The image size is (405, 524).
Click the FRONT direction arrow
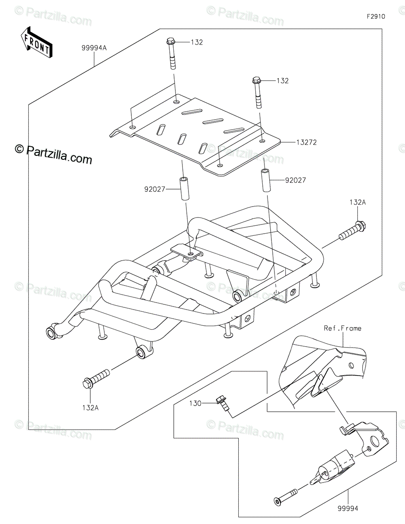tap(37, 42)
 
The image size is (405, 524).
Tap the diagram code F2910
tap(376, 17)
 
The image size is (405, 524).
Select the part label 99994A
tap(94, 48)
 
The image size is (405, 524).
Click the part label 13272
tap(306, 142)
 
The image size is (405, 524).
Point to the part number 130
tap(195, 403)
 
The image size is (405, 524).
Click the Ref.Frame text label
tap(342, 328)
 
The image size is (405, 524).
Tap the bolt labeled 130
tap(223, 404)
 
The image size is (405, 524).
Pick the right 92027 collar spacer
tap(265, 180)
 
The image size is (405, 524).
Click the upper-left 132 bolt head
tap(170, 41)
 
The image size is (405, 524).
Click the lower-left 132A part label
tap(90, 408)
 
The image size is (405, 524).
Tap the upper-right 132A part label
tap(358, 202)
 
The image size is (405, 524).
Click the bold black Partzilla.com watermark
tap(54, 154)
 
